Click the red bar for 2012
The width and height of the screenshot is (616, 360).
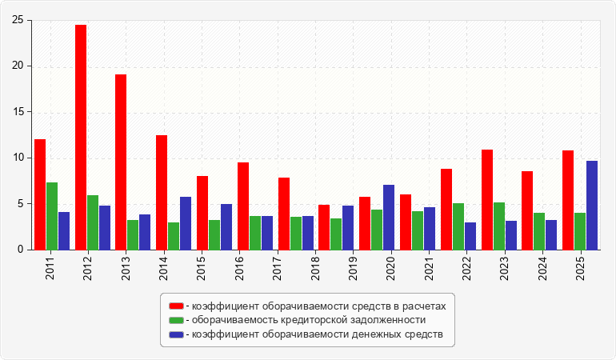(x=81, y=137)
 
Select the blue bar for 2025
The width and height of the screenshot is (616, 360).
(x=592, y=205)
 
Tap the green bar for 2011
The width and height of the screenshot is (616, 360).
(x=52, y=216)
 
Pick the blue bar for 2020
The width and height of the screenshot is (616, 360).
(x=389, y=218)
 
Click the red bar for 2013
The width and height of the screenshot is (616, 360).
(x=121, y=162)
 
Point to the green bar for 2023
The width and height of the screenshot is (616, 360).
(x=499, y=226)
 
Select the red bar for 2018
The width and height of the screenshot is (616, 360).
(x=324, y=227)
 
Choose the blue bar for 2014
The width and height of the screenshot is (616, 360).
(x=186, y=223)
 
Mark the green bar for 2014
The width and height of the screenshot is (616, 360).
(x=174, y=236)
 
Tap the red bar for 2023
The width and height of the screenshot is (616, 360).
(x=487, y=200)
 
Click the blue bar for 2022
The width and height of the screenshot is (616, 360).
(x=470, y=236)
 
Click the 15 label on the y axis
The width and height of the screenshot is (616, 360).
(x=18, y=112)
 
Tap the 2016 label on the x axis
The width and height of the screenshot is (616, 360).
(x=239, y=269)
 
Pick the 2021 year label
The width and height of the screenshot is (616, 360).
(x=429, y=269)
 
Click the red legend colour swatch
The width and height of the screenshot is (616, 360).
(x=176, y=306)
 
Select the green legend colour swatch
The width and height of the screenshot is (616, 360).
(x=176, y=320)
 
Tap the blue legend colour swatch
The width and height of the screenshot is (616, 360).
(x=176, y=334)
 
